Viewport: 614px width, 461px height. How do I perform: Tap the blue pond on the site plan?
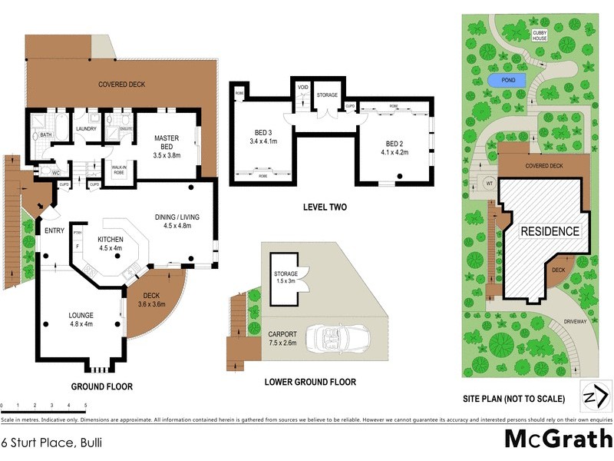pos(507,81)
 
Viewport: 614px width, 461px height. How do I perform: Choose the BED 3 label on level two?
pos(261,137)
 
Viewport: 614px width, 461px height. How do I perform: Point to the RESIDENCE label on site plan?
pos(550,231)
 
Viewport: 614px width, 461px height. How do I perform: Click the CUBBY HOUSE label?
pos(540,35)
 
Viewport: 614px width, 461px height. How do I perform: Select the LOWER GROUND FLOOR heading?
pos(309,382)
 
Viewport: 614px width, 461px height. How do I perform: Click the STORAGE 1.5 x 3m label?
pos(286,277)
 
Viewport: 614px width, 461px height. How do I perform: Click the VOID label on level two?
pos(302,88)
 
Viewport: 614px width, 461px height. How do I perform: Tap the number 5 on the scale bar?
pos(85,405)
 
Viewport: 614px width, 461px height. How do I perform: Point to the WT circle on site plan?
pos(489,184)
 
